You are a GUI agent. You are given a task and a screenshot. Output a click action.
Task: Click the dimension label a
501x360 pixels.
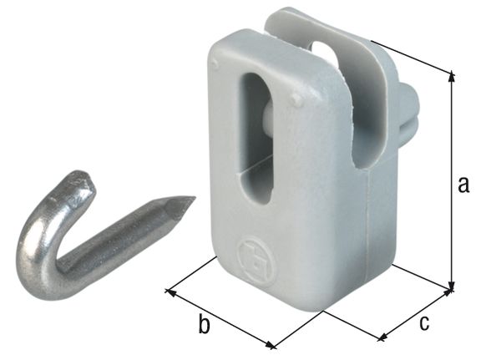pyautogui.click(x=463, y=185)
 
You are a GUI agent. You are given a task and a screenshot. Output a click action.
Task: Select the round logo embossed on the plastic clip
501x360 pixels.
pyautogui.click(x=250, y=252)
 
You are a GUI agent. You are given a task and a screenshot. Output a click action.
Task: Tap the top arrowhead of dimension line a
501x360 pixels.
pyautogui.click(x=452, y=75)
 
